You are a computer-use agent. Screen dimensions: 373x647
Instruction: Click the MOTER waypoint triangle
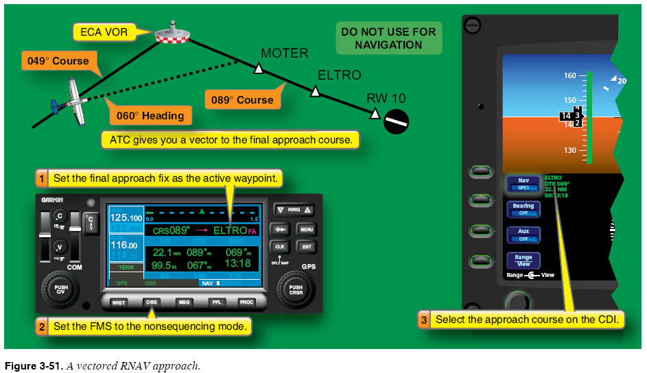click(x=259, y=68)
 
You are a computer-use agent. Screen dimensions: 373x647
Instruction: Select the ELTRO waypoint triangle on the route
click(x=315, y=91)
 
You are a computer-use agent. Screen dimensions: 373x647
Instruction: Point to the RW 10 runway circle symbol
click(x=397, y=121)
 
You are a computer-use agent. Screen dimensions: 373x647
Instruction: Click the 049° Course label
click(x=58, y=60)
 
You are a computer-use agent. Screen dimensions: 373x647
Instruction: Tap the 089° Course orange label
click(x=242, y=100)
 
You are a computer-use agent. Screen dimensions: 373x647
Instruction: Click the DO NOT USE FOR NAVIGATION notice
click(x=388, y=38)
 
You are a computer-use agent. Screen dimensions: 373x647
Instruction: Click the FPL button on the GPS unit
click(x=216, y=302)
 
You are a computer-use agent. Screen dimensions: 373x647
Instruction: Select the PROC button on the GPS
click(x=247, y=302)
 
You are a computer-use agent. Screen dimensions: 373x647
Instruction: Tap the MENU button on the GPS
click(x=306, y=229)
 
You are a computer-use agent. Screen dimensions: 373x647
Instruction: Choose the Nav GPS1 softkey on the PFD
click(x=524, y=183)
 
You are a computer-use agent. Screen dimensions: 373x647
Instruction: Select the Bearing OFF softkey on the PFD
click(x=524, y=209)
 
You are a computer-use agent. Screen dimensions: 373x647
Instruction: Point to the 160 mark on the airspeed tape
click(x=570, y=75)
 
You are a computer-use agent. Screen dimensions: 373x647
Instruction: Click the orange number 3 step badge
click(x=424, y=320)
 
